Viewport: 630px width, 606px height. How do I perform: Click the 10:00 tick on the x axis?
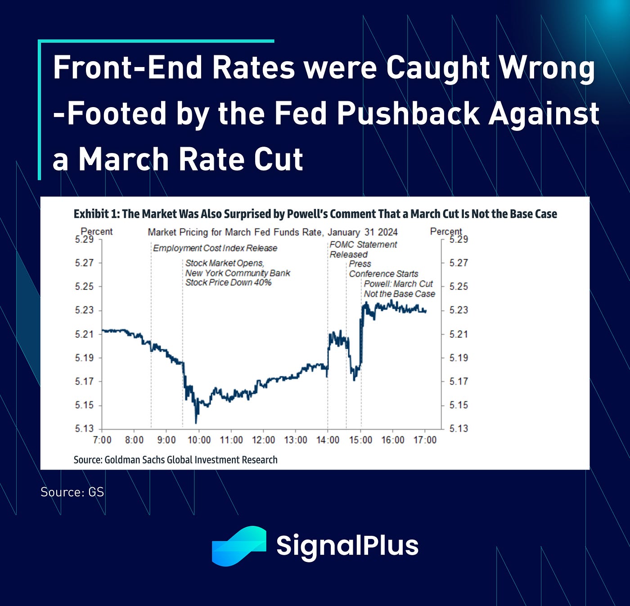(x=199, y=440)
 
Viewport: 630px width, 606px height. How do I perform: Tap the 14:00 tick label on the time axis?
(x=328, y=440)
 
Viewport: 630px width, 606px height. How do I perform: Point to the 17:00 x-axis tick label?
(x=425, y=440)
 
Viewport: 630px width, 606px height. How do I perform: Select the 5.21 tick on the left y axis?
(x=84, y=334)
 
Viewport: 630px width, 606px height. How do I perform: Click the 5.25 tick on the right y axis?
(x=459, y=286)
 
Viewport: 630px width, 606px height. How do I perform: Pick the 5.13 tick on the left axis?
(x=84, y=428)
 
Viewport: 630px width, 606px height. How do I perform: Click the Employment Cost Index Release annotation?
(x=215, y=248)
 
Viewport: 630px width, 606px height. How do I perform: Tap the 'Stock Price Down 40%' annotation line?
(x=229, y=283)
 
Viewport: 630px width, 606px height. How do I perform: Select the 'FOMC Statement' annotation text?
(x=363, y=244)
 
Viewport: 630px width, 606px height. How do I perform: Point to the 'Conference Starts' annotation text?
(x=383, y=274)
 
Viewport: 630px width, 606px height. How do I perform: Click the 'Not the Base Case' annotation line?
(x=400, y=294)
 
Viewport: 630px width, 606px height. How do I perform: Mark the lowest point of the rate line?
(x=196, y=422)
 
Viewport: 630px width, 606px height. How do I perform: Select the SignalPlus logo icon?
(x=238, y=546)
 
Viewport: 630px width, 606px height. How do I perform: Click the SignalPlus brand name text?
(x=347, y=546)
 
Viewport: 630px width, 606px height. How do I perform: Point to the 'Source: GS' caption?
(x=72, y=492)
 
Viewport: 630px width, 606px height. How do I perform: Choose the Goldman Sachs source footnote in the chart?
(x=175, y=460)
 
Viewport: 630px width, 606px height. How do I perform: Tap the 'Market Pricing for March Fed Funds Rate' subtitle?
(x=234, y=232)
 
